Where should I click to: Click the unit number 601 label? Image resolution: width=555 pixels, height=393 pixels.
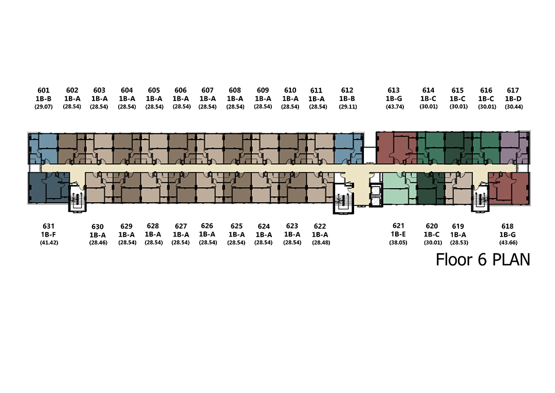click(44, 91)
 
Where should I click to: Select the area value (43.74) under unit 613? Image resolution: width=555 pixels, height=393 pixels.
click(395, 106)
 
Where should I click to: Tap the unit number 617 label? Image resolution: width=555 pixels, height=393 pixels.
click(513, 91)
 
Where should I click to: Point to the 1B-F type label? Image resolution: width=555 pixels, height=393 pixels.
click(48, 234)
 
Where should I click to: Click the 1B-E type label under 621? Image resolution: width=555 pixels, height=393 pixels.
click(398, 234)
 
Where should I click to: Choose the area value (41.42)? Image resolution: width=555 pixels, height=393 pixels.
click(49, 243)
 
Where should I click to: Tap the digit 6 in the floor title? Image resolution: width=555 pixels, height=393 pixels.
click(482, 260)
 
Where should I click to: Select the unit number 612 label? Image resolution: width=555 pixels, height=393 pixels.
click(347, 91)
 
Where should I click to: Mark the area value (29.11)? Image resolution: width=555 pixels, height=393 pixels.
click(348, 106)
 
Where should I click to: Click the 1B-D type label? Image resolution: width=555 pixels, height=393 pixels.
click(513, 99)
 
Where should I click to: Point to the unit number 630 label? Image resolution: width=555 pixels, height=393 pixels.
click(97, 227)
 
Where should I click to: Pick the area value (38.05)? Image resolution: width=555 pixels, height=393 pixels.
click(398, 243)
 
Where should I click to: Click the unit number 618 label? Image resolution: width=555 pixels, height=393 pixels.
click(507, 226)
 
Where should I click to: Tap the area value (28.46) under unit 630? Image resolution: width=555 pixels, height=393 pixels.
click(98, 243)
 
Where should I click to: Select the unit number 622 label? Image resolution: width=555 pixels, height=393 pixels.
click(320, 226)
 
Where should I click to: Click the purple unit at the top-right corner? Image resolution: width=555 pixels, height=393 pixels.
click(514, 148)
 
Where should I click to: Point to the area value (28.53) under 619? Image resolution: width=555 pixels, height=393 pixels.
click(459, 243)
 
